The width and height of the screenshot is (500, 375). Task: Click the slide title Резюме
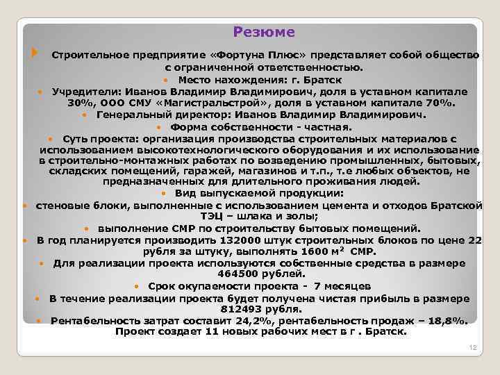(264, 32)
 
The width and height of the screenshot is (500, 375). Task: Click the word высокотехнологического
(193, 149)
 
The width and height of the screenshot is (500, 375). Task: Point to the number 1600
(316, 251)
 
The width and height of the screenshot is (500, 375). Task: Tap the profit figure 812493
(242, 309)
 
